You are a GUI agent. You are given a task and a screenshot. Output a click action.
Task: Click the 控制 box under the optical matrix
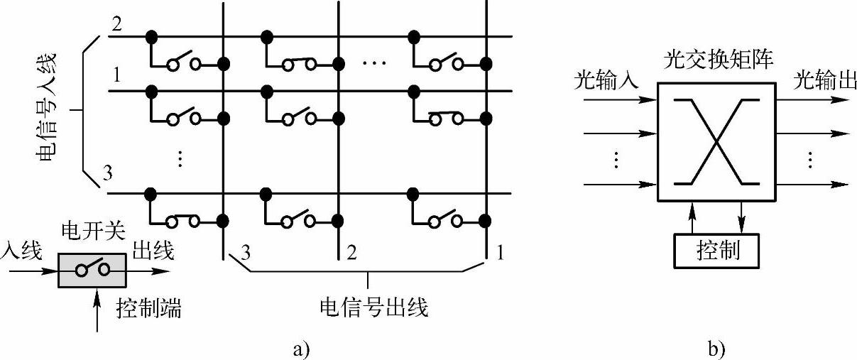tap(717, 250)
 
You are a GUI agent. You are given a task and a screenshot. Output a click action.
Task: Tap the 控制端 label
tap(148, 308)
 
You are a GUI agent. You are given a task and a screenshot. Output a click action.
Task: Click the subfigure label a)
tap(301, 349)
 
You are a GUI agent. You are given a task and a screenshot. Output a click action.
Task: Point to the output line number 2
tap(351, 251)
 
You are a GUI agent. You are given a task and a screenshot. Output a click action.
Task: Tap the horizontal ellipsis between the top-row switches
tap(373, 64)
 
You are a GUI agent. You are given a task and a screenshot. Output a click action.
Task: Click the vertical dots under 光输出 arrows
tap(809, 160)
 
